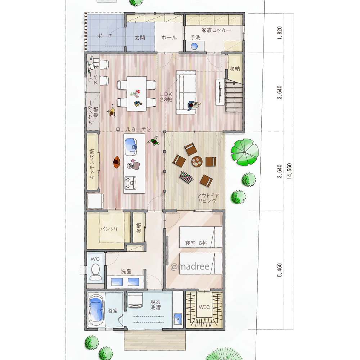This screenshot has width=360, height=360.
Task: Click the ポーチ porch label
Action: click(x=105, y=36)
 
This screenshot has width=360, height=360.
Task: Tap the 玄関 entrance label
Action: click(x=140, y=38)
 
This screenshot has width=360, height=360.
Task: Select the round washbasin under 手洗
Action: click(x=194, y=46)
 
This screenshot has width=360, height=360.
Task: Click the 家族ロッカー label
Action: click(x=216, y=30)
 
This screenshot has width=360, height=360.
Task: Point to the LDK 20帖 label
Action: click(x=166, y=96)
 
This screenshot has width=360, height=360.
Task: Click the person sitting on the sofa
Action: click(x=193, y=105)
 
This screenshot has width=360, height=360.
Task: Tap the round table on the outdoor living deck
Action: click(x=197, y=161)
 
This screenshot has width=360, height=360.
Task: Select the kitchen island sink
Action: click(x=131, y=147)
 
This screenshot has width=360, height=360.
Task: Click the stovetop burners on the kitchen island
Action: click(x=130, y=183)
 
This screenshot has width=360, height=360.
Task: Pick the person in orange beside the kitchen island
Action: click(x=117, y=162)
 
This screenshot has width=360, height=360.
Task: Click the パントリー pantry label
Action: click(x=111, y=229)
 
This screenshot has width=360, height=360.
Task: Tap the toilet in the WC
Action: click(x=95, y=271)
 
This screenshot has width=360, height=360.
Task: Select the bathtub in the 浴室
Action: click(x=96, y=310)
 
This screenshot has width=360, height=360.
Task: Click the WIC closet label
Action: click(x=204, y=307)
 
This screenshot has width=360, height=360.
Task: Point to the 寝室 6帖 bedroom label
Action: click(x=196, y=243)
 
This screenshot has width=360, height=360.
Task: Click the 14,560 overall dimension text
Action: click(x=289, y=171)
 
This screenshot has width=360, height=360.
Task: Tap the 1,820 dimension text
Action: click(x=279, y=33)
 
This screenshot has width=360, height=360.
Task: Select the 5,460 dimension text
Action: click(x=279, y=270)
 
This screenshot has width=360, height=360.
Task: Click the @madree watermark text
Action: click(x=190, y=266)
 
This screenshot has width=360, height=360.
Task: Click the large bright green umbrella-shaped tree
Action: click(x=245, y=152)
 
